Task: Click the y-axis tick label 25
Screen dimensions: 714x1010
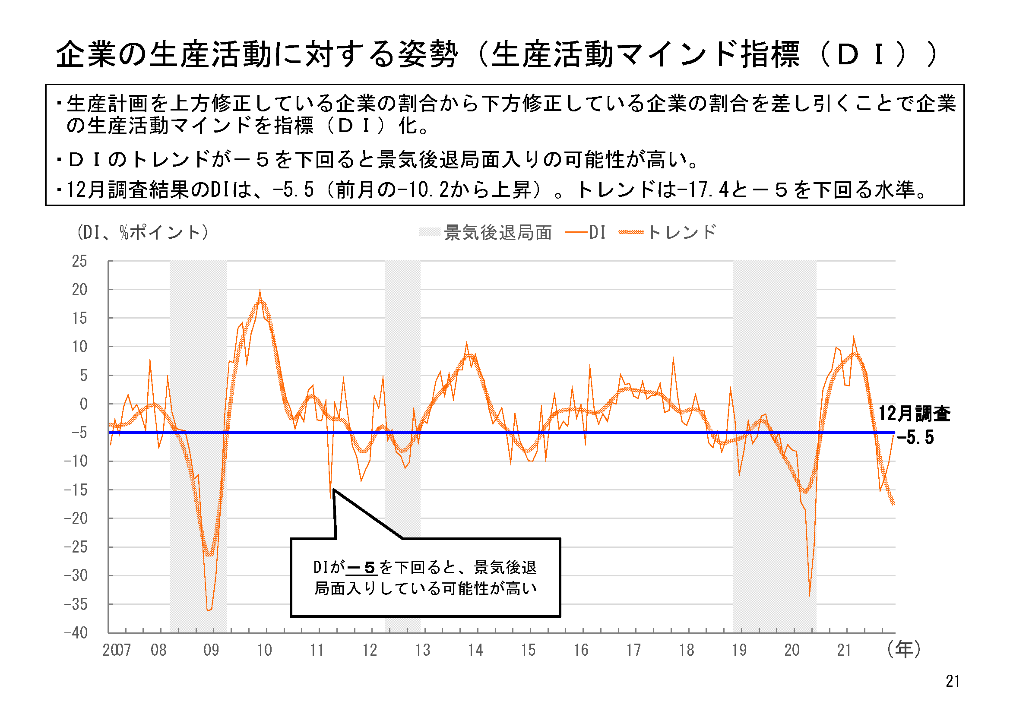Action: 79,262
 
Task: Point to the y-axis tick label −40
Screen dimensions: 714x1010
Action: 76,633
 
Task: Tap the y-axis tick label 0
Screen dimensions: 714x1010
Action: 83,404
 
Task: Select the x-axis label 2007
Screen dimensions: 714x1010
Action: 117,650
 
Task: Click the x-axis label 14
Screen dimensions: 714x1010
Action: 475,650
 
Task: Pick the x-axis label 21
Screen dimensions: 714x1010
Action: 844,650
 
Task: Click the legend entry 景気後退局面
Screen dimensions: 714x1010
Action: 498,233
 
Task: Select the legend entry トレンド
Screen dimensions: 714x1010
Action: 681,233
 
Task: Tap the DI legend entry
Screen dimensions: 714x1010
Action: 597,233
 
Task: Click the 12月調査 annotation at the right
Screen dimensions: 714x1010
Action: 915,414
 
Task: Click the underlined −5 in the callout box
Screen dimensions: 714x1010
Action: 361,568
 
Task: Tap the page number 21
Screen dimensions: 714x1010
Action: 953,682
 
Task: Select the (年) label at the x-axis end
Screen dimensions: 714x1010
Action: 904,649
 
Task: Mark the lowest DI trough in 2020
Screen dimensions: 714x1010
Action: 809,596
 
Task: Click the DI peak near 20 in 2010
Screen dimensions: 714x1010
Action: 260,291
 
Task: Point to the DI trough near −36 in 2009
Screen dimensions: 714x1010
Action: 208,610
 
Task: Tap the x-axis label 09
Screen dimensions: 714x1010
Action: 211,650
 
